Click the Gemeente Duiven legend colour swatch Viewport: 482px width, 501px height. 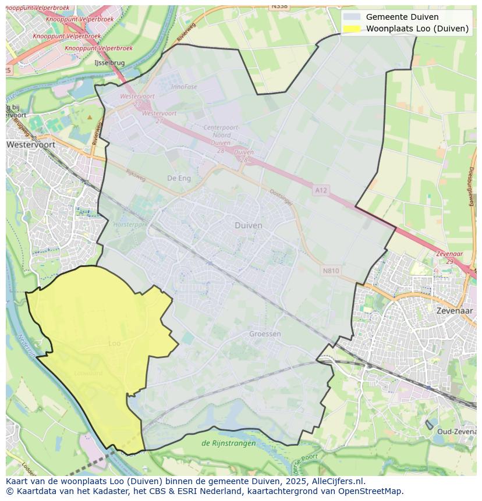point(352,17)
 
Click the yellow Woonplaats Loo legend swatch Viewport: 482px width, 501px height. point(352,29)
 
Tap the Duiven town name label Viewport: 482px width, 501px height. point(248,225)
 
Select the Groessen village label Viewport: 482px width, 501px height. point(265,334)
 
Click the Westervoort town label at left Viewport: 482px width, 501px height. point(30,144)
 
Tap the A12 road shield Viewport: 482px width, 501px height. point(321,190)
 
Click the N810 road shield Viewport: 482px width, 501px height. point(330,271)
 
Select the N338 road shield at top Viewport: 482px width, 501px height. point(279,6)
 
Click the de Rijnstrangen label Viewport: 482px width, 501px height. point(228,443)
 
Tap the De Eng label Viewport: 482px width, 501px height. point(179,179)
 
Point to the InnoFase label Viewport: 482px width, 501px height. point(184,87)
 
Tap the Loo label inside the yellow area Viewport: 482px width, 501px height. point(115,344)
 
